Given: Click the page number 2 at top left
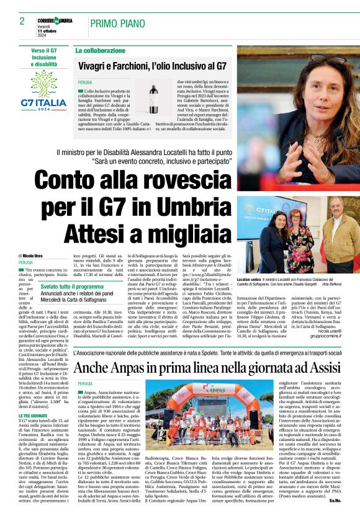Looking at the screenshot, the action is click(22, 21).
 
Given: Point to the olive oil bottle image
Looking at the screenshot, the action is click(153, 99).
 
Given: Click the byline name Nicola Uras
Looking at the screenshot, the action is click(40, 256).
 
